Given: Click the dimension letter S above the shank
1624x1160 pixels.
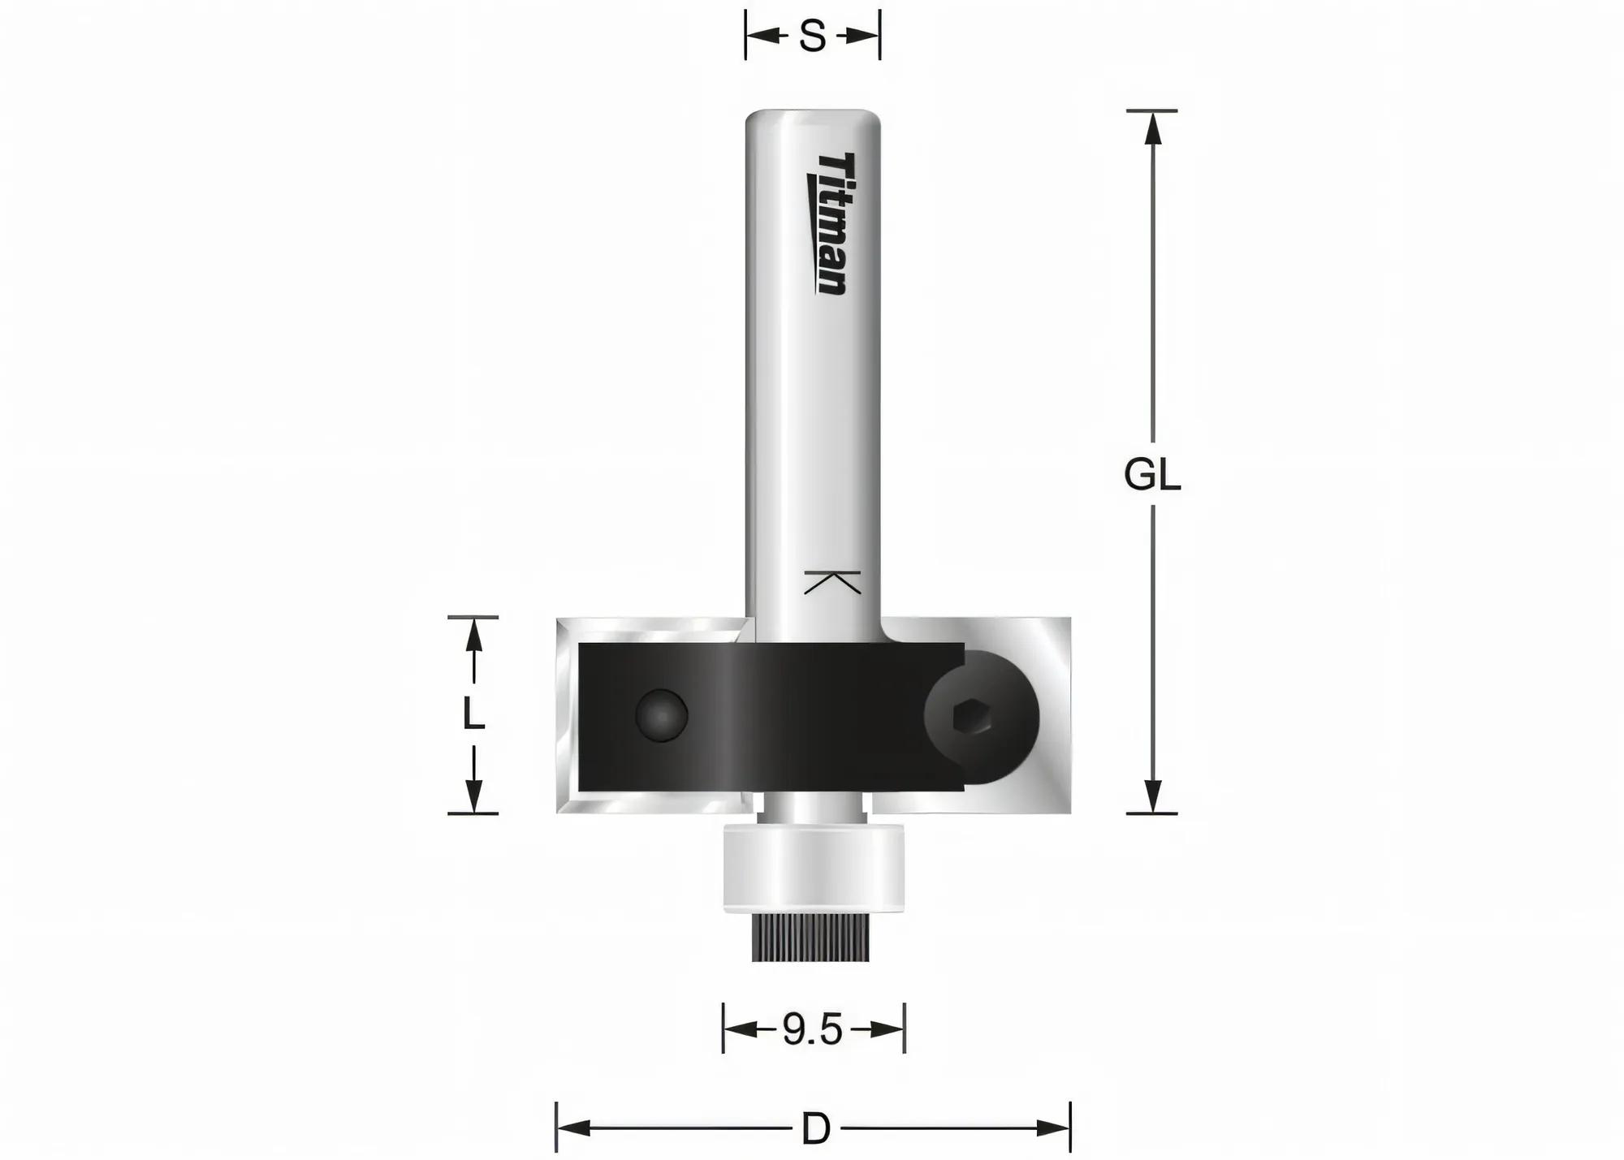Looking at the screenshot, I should click(x=812, y=37).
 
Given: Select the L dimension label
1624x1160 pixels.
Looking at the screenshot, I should click(x=473, y=715).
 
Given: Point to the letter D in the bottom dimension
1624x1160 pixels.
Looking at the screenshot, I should click(x=815, y=1129).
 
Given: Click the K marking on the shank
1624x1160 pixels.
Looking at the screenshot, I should click(x=831, y=582).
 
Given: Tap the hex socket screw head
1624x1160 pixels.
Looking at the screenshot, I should click(x=972, y=718).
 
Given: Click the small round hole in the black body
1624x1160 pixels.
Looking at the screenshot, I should click(x=662, y=715).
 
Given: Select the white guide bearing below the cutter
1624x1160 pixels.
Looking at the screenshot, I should click(x=813, y=867).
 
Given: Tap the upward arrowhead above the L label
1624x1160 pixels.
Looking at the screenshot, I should click(x=473, y=634).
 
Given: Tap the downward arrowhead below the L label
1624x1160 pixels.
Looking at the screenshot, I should click(x=473, y=796).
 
